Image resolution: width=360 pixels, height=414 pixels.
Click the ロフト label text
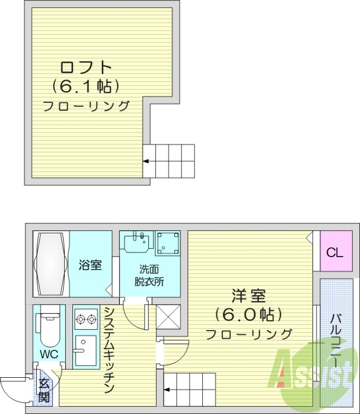click(86, 68)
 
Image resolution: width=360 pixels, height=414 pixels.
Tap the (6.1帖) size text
click(86, 86)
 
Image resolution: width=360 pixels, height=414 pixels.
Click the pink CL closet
click(334, 253)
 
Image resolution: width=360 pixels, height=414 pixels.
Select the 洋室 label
click(248, 297)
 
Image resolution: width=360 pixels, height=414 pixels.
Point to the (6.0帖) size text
click(248, 315)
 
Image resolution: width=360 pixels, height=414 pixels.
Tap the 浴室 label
click(90, 265)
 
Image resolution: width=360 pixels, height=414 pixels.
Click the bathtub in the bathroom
click(50, 264)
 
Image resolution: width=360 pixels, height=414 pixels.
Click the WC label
click(50, 355)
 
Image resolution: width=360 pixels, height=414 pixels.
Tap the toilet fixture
click(49, 329)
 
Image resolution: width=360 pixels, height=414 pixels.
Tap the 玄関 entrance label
click(44, 390)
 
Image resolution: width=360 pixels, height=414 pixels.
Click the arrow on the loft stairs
click(146, 161)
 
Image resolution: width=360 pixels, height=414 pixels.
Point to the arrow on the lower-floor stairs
click(168, 390)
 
